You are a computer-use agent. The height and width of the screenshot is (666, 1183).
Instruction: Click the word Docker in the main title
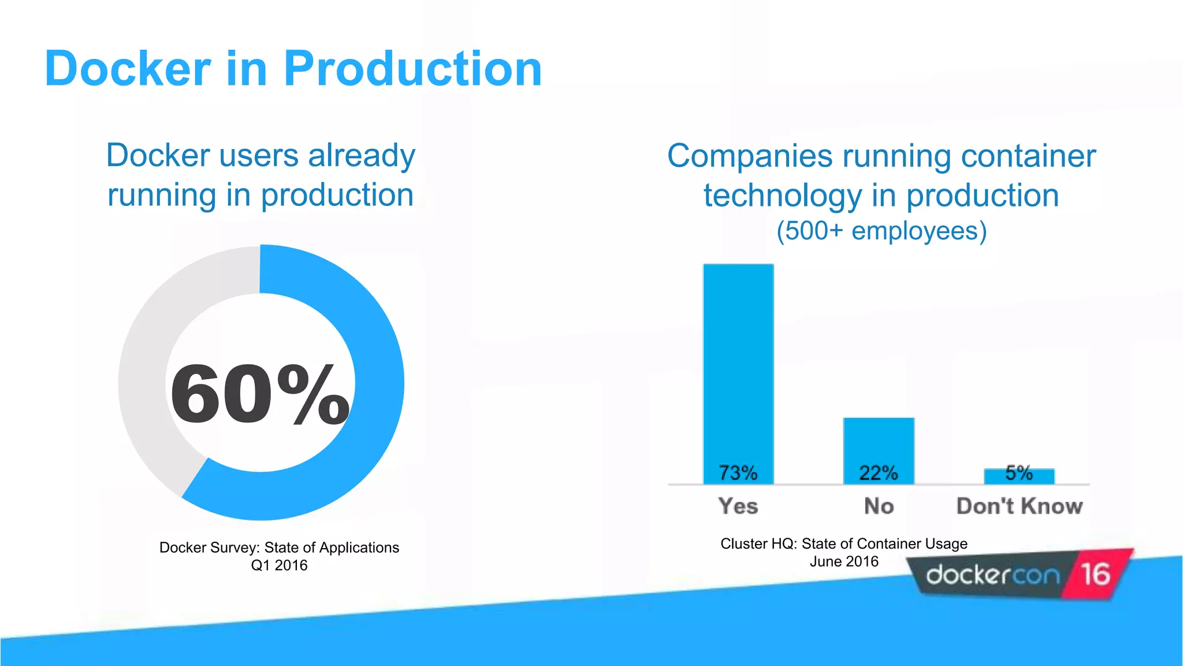pyautogui.click(x=128, y=69)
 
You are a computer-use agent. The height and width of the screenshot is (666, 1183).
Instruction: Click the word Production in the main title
pyautogui.click(x=412, y=69)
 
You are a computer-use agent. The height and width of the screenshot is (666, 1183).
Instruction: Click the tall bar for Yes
pyautogui.click(x=738, y=358)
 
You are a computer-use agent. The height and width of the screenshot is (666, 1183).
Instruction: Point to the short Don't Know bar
pyautogui.click(x=1019, y=476)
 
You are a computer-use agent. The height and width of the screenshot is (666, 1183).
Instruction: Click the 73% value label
pyautogui.click(x=738, y=473)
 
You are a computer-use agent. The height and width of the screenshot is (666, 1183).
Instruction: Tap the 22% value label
pyautogui.click(x=879, y=473)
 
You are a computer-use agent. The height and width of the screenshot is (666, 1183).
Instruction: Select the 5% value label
pyautogui.click(x=1019, y=472)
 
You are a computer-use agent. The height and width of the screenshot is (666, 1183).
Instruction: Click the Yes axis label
pyautogui.click(x=738, y=506)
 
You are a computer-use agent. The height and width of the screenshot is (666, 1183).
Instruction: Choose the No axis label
pyautogui.click(x=879, y=506)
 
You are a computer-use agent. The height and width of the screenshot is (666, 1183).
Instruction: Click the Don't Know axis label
pyautogui.click(x=1020, y=506)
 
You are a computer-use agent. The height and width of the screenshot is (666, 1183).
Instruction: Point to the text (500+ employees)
pyautogui.click(x=881, y=231)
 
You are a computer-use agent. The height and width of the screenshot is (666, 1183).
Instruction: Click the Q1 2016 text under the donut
pyautogui.click(x=279, y=565)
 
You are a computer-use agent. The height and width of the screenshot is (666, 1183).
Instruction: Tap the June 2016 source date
pyautogui.click(x=844, y=561)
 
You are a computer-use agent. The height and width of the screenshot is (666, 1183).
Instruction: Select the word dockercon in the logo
pyautogui.click(x=993, y=575)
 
